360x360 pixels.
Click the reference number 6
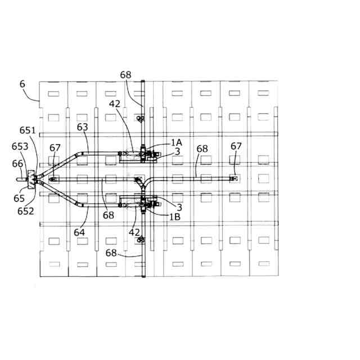tap(22, 84)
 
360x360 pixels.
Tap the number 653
tap(20, 146)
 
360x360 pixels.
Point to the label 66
tap(18, 163)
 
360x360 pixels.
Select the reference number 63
tap(83, 127)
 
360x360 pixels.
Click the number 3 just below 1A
tap(177, 151)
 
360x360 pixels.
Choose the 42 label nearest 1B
tap(134, 231)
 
